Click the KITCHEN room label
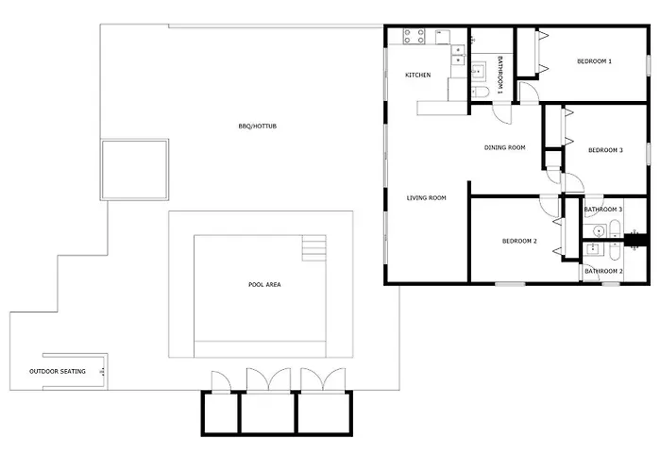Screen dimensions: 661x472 coord(417,75)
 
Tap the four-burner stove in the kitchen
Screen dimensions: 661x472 coord(414,36)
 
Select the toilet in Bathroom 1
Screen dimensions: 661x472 coord(480,92)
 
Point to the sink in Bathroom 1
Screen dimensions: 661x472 coord(478,71)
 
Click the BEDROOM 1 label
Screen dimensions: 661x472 coord(594,61)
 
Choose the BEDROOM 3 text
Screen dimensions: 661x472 coord(605,150)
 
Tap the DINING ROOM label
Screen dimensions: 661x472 coord(504,147)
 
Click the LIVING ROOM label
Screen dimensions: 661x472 coord(426,197)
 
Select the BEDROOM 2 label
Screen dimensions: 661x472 coord(519,241)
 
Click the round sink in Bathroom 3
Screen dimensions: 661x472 coord(599,231)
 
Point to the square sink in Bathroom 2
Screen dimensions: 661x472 coord(593,248)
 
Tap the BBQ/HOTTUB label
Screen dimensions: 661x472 coord(258,126)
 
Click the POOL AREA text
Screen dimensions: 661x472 coord(264,284)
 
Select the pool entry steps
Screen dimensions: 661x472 coord(314,248)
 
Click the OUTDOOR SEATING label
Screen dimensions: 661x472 coord(58,371)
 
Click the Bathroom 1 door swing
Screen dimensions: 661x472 coord(501,113)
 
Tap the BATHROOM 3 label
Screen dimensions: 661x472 coord(603,210)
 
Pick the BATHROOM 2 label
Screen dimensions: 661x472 coord(603,271)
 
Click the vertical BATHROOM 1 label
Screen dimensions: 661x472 coord(500,75)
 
